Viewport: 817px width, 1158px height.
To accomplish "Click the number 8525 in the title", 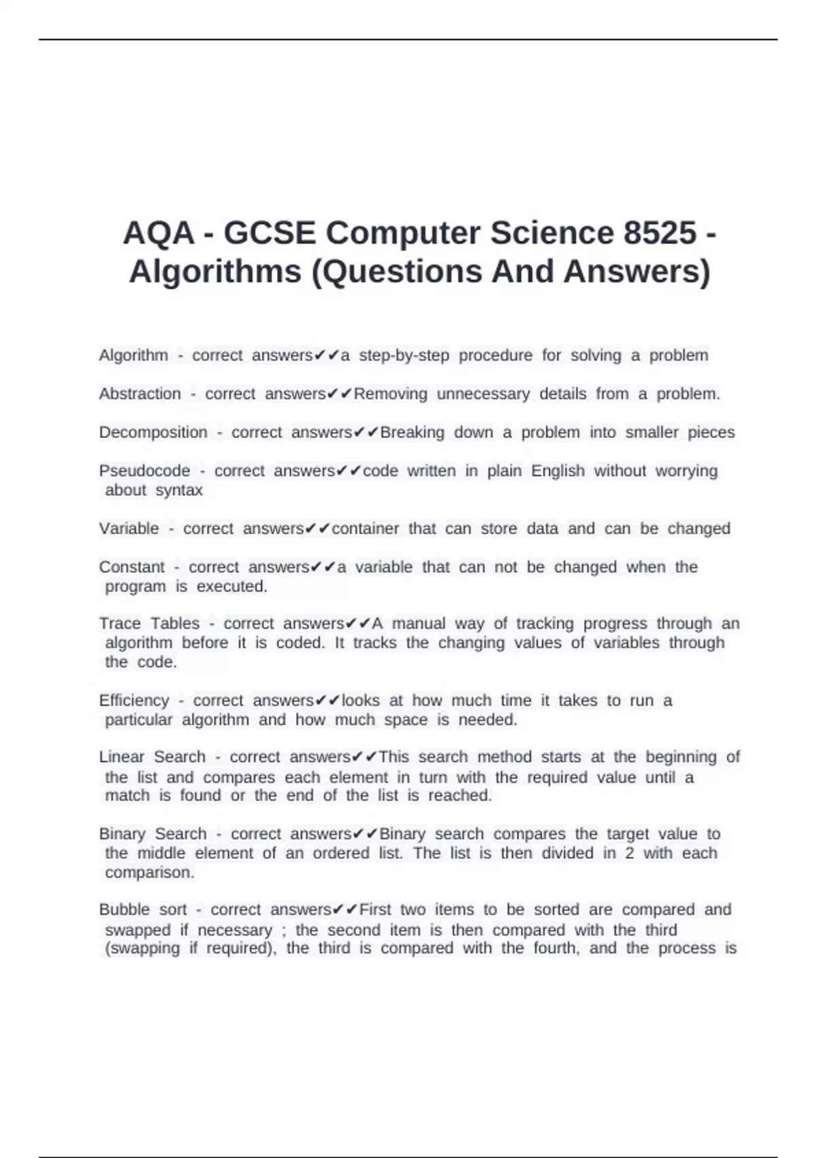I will click(660, 233).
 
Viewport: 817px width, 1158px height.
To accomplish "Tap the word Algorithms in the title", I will click(215, 271).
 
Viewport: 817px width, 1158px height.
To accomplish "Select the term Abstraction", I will click(140, 394).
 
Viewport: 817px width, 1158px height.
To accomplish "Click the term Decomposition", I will click(153, 433).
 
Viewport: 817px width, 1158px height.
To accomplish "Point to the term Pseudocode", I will click(144, 471).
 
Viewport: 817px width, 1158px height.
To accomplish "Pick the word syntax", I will click(179, 490).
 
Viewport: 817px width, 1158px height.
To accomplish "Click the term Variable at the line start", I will click(129, 529).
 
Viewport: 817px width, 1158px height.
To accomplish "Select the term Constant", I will click(132, 567).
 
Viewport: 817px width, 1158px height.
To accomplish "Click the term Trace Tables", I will click(150, 623).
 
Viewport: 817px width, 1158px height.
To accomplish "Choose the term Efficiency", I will click(134, 700).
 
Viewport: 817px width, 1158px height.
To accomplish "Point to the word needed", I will click(487, 720).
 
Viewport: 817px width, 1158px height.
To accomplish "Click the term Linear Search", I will click(153, 757).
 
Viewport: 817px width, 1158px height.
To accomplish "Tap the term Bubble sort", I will click(143, 909).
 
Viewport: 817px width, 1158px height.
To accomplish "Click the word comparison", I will click(150, 873).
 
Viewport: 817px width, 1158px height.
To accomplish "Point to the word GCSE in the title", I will click(270, 233).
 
